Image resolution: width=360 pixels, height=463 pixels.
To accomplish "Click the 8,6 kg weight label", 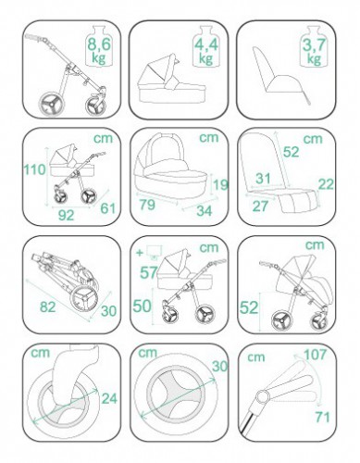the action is [x=99, y=50].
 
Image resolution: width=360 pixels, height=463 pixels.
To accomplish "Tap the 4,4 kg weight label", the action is [x=205, y=51].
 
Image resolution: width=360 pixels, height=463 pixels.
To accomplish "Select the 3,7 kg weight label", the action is [x=314, y=51].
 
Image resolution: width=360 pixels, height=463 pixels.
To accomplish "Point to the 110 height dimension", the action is [x=35, y=169].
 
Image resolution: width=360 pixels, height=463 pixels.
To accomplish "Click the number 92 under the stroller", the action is [x=67, y=215].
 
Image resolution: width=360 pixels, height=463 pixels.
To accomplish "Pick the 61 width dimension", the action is [x=108, y=208].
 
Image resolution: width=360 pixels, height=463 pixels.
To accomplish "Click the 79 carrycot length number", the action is [x=147, y=205].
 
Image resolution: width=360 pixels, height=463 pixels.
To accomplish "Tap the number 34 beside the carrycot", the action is [x=205, y=211].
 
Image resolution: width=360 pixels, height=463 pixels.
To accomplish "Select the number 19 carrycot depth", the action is [x=221, y=184].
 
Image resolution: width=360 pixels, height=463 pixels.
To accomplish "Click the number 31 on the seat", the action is [x=263, y=179].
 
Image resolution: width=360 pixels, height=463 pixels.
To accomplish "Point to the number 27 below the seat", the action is [x=260, y=206].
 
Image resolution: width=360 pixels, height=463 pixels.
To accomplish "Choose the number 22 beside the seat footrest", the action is [x=326, y=184].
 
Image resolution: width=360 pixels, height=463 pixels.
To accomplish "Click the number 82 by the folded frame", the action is [x=48, y=307].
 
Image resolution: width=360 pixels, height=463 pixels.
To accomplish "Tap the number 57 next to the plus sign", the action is [x=149, y=273].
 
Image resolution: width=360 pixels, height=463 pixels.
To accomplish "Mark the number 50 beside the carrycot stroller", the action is [x=143, y=306].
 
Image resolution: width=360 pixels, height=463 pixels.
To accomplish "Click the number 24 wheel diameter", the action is [x=109, y=398].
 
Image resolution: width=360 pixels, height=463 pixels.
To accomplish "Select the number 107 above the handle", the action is [x=315, y=355].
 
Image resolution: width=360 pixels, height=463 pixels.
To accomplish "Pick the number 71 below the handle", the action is [x=323, y=418].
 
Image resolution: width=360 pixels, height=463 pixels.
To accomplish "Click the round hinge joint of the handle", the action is [x=263, y=396].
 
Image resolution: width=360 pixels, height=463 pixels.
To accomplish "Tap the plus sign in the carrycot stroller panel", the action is [x=140, y=253].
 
